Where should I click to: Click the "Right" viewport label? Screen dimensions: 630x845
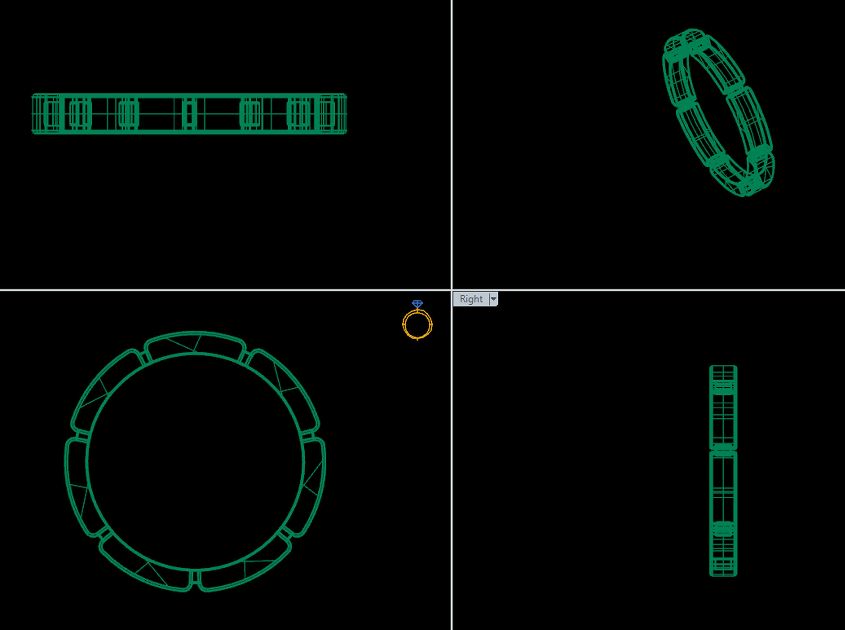pyautogui.click(x=471, y=299)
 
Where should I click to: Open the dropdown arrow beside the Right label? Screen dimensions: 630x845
pyautogui.click(x=494, y=299)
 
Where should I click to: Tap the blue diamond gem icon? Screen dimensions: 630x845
pyautogui.click(x=417, y=304)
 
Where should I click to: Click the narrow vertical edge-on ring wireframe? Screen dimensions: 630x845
pyautogui.click(x=723, y=471)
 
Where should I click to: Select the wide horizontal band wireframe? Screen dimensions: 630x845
pyautogui.click(x=189, y=114)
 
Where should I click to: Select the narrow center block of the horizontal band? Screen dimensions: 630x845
pyautogui.click(x=189, y=114)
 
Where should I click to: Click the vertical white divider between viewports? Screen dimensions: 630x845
pyautogui.click(x=452, y=153)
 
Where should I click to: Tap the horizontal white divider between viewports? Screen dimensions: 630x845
pyautogui.click(x=229, y=290)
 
